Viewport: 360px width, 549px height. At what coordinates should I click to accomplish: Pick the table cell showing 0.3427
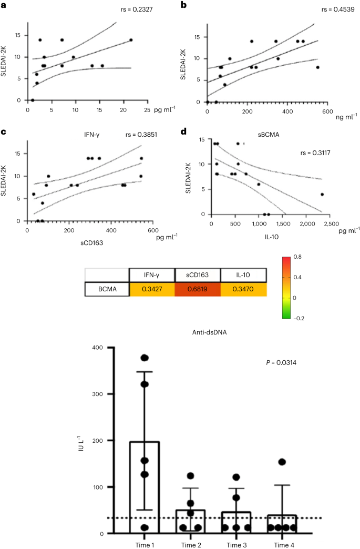click(x=152, y=290)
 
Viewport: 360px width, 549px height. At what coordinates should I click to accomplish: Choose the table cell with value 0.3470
click(x=243, y=290)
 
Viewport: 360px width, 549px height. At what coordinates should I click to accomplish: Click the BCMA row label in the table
click(x=107, y=290)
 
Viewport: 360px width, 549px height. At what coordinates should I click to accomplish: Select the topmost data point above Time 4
click(x=282, y=462)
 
